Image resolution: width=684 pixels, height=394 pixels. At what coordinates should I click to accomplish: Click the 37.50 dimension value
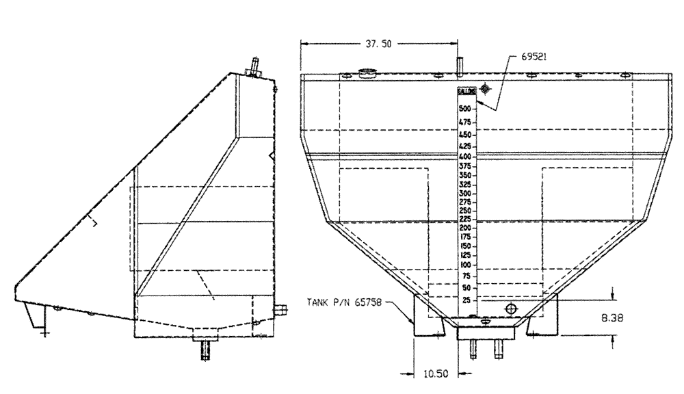tap(373, 42)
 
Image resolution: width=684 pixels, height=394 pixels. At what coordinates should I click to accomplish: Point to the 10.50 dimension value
tap(436, 373)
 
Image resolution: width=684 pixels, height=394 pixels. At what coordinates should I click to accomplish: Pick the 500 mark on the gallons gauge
tap(465, 109)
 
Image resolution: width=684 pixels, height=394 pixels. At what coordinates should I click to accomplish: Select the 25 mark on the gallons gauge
tap(466, 300)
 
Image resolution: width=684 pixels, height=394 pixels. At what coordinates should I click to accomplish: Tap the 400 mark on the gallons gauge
tap(465, 157)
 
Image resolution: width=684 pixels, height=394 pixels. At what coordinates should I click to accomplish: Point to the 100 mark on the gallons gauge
tap(465, 265)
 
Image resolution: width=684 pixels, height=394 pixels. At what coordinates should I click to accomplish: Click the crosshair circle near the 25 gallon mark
tap(510, 309)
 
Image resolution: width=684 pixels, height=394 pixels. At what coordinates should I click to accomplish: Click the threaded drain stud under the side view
tap(205, 351)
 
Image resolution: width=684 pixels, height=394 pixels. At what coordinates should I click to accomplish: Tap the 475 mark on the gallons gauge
tap(465, 122)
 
